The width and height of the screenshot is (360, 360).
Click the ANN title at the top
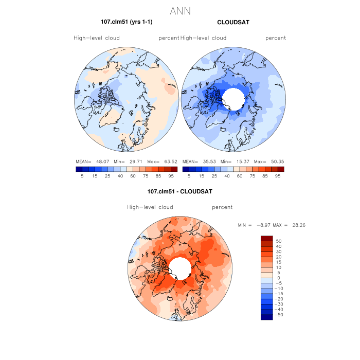click(x=180, y=10)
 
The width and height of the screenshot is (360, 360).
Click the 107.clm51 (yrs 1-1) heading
click(x=127, y=22)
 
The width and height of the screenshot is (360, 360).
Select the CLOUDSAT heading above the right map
click(x=233, y=22)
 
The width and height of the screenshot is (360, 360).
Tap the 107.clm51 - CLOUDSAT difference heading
click(x=180, y=191)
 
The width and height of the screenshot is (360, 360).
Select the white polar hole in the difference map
click(x=179, y=267)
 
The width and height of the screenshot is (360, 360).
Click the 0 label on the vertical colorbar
click(x=278, y=278)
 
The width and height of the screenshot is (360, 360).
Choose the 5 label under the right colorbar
click(x=189, y=176)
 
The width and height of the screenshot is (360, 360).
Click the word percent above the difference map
click(x=222, y=207)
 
